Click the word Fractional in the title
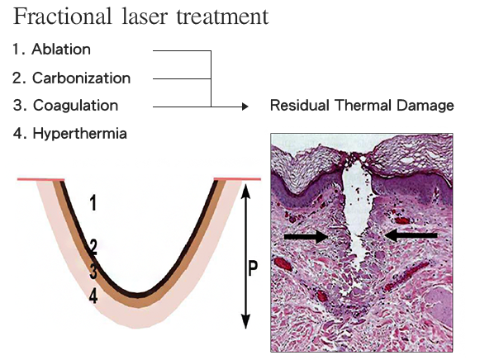(x=62, y=17)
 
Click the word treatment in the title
(x=222, y=17)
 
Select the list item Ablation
(x=52, y=50)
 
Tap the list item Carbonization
(x=72, y=78)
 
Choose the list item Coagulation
(x=65, y=106)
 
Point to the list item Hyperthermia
(x=69, y=134)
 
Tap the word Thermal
(x=363, y=106)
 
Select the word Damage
(x=425, y=107)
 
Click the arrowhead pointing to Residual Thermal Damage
(x=245, y=107)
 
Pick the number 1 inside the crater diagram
(x=93, y=203)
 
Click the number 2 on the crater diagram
(x=93, y=247)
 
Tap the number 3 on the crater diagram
(x=93, y=271)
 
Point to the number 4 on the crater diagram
(x=93, y=296)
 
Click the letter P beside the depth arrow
(x=253, y=268)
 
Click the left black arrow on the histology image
(x=307, y=236)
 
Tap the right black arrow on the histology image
(x=411, y=235)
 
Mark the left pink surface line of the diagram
(x=40, y=179)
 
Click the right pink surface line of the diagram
(x=237, y=179)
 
